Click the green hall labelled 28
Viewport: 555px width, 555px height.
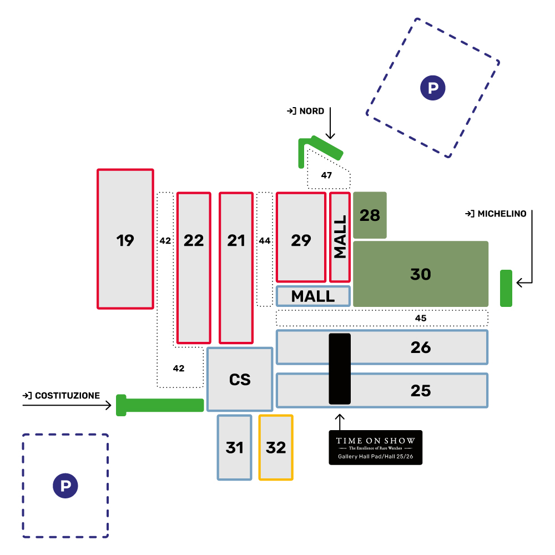coord(370,215)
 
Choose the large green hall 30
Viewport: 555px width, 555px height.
coord(421,274)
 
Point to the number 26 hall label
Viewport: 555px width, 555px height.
coord(421,347)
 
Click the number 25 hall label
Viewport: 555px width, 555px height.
coord(421,391)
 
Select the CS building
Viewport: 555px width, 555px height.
coord(240,380)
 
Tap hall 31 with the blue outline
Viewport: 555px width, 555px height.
coord(234,447)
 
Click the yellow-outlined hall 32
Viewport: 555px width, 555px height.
coord(276,447)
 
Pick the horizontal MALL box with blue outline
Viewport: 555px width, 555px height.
coord(313,296)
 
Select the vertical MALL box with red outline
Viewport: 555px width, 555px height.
coord(340,237)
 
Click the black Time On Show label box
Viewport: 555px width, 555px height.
coord(375,447)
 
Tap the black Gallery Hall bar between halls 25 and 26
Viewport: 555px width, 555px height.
coord(340,369)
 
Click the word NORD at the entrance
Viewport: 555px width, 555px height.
coord(311,112)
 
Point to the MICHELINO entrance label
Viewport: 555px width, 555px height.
coord(502,214)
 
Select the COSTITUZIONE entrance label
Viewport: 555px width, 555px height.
coord(67,396)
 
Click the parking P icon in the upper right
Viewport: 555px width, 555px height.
coord(433,87)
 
